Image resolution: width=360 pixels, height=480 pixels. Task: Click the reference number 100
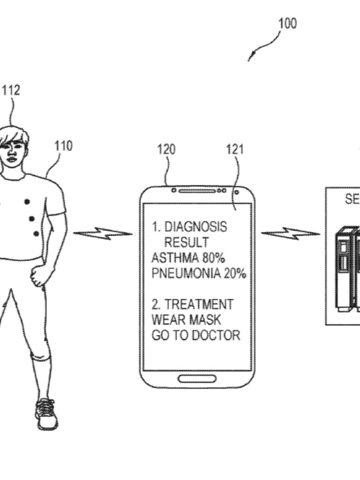288,23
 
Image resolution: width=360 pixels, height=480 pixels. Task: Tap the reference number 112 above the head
11,91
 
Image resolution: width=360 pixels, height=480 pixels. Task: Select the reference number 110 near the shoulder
63,146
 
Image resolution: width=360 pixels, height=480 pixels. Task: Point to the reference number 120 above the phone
166,150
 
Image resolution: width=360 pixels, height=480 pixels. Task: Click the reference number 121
235,150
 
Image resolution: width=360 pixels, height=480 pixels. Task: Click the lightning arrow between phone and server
291,234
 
